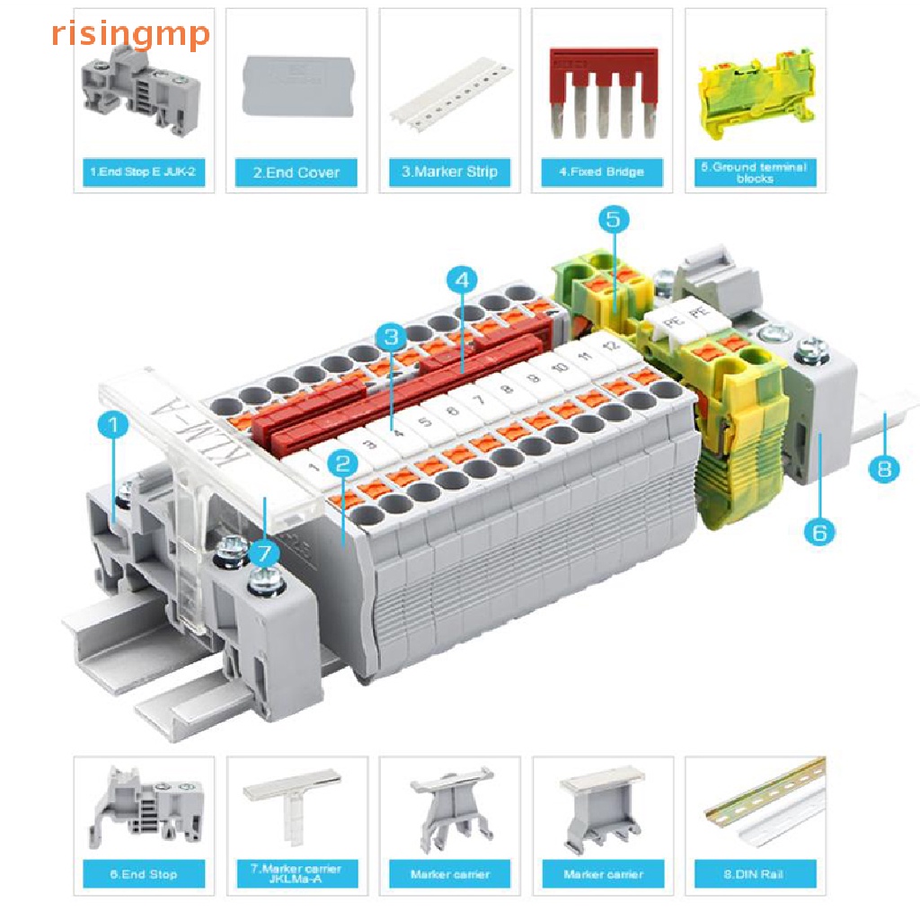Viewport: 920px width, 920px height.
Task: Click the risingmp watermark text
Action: point(130,34)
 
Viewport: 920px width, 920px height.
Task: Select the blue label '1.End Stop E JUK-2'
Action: point(144,172)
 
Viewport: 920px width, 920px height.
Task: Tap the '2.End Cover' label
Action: point(296,172)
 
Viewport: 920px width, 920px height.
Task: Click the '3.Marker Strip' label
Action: point(449,172)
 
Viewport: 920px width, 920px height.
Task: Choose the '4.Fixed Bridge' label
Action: point(602,172)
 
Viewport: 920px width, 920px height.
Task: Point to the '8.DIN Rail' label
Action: point(756,873)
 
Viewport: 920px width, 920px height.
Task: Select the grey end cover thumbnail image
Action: point(296,86)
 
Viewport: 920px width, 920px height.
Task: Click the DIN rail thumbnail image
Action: point(756,804)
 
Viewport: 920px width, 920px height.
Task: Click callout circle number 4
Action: point(462,280)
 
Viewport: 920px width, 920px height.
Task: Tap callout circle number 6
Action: point(818,532)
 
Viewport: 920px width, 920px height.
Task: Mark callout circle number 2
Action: point(342,464)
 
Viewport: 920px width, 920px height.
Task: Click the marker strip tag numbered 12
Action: point(611,346)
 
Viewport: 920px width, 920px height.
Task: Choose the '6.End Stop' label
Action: point(144,873)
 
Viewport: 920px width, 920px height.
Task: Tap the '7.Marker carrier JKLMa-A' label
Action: point(296,873)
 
